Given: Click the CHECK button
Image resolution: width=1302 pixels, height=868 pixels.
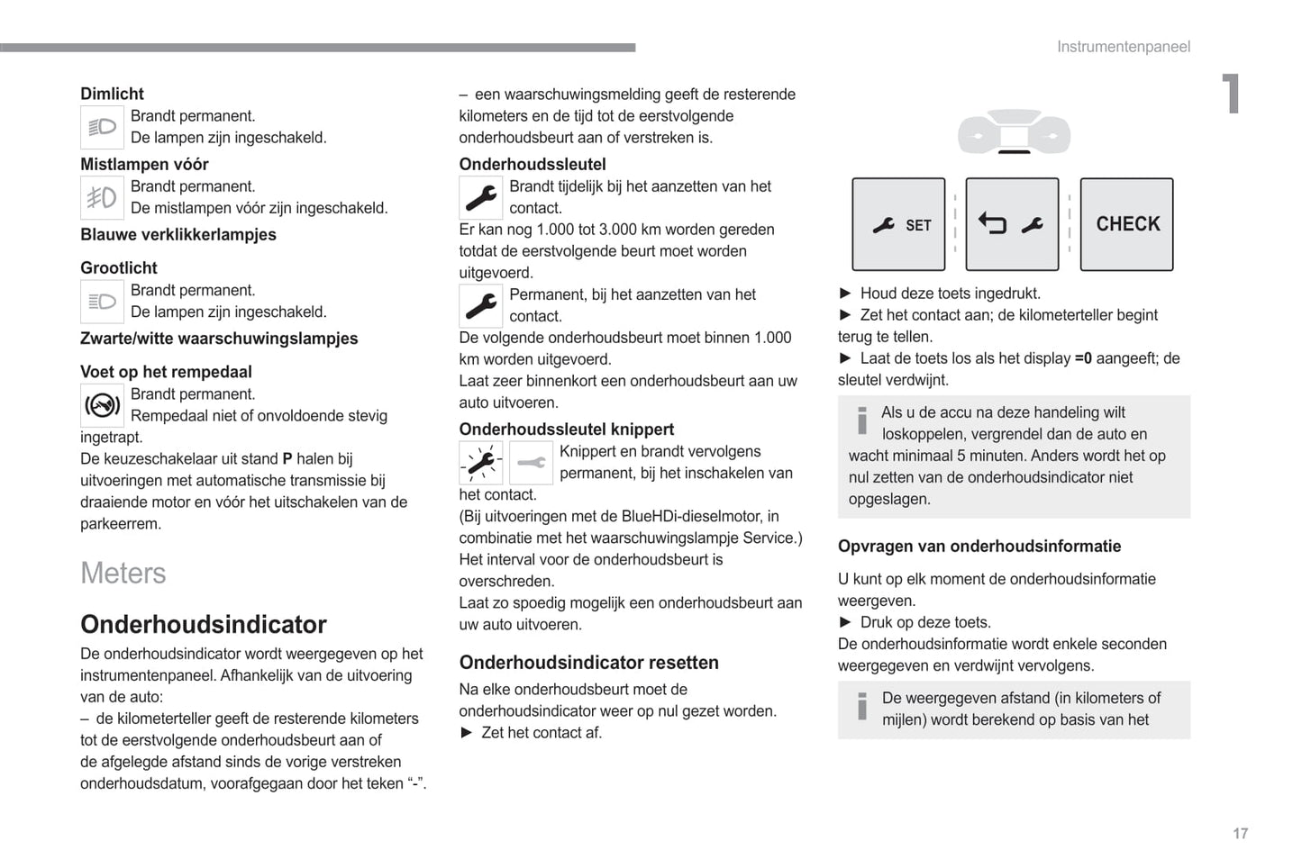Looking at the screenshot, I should pos(1126,224).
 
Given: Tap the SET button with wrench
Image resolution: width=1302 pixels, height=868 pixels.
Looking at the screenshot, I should pos(898,224).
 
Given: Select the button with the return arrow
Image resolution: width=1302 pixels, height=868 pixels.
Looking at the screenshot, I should pos(1012,224).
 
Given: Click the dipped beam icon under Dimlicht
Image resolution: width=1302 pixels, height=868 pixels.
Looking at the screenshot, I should pos(102,127).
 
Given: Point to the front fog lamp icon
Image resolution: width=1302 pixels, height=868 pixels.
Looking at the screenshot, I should pos(102,197).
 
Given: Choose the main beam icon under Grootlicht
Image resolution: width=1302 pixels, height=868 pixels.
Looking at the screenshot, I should pos(102,302).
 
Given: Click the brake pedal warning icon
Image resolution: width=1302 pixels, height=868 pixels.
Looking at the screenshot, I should pos(102,405).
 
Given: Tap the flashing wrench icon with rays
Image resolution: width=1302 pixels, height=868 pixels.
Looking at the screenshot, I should pos(481,463).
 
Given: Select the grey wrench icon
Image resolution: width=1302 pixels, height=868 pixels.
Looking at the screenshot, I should pos(531,463).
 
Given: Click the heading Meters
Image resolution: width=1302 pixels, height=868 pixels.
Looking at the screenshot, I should pos(123,574).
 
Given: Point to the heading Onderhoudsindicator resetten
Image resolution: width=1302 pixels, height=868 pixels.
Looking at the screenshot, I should pos(589,663).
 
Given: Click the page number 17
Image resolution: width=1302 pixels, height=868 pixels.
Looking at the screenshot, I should pos(1240,834).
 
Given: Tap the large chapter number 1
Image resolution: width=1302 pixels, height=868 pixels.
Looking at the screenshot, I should pos(1231,94).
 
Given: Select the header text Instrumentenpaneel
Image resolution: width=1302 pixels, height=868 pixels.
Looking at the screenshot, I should pos(1123,47).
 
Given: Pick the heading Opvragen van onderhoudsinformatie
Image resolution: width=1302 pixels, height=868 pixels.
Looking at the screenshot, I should pos(979,547).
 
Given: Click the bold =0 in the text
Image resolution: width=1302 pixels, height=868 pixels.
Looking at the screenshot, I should pos(1083,358).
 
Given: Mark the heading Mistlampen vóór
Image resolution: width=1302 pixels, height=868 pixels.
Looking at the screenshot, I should pos(144,165).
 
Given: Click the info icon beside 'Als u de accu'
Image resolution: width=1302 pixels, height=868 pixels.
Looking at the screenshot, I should pos(862,420).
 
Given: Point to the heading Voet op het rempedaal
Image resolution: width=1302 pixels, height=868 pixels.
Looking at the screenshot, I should pos(166,372).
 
